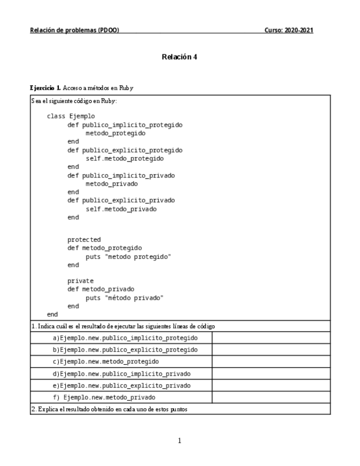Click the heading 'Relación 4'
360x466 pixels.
pyautogui.click(x=180, y=57)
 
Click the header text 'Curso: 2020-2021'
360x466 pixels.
pyautogui.click(x=289, y=30)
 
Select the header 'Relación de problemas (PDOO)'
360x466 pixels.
pyautogui.click(x=74, y=30)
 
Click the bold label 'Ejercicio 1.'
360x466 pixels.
pyautogui.click(x=46, y=88)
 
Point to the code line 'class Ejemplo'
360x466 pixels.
pyautogui.click(x=71, y=116)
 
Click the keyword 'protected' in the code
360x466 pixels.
pyautogui.click(x=84, y=240)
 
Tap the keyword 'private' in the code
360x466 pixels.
pyautogui.click(x=80, y=281)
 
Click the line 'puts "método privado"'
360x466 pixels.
pyautogui.click(x=125, y=297)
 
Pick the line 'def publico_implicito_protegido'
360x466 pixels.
pyautogui.click(x=125, y=125)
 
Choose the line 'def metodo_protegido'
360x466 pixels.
pyautogui.click(x=104, y=248)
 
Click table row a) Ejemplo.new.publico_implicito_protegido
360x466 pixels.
pyautogui.click(x=125, y=337)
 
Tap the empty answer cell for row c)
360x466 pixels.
pyautogui.click(x=270, y=362)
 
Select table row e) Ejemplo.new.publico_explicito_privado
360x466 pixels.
pyautogui.click(x=125, y=386)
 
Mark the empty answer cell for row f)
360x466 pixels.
pyautogui.click(x=270, y=397)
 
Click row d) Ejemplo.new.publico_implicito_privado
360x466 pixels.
pyautogui.click(x=125, y=374)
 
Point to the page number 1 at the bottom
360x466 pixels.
pyautogui.click(x=180, y=440)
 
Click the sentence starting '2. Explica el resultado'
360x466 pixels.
pyautogui.click(x=113, y=409)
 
